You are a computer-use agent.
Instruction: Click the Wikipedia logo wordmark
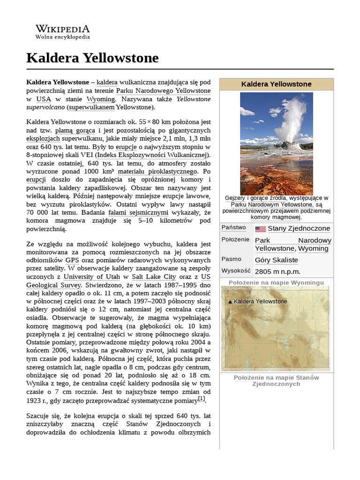pos(62,29)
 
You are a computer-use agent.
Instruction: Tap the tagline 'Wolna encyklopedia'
pos(62,37)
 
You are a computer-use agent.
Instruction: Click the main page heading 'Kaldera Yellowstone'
pos(92,58)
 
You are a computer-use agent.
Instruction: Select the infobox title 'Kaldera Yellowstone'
pos(276,84)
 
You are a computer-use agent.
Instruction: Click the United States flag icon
pos(260,229)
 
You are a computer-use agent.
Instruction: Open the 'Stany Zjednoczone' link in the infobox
pos(299,229)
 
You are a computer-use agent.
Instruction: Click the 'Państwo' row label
pos(233,228)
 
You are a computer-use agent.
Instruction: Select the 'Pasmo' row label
pos(232,259)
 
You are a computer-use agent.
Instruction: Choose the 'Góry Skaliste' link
pos(276,260)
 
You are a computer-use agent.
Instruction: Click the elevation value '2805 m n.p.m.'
pos(277,271)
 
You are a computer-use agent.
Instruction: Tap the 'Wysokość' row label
pos(237,271)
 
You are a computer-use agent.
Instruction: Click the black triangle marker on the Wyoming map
pos(230,302)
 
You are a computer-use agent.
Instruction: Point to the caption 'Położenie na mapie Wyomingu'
pos(276,283)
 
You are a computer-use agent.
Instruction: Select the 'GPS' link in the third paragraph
pos(72,260)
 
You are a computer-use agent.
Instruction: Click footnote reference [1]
pos(201,399)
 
